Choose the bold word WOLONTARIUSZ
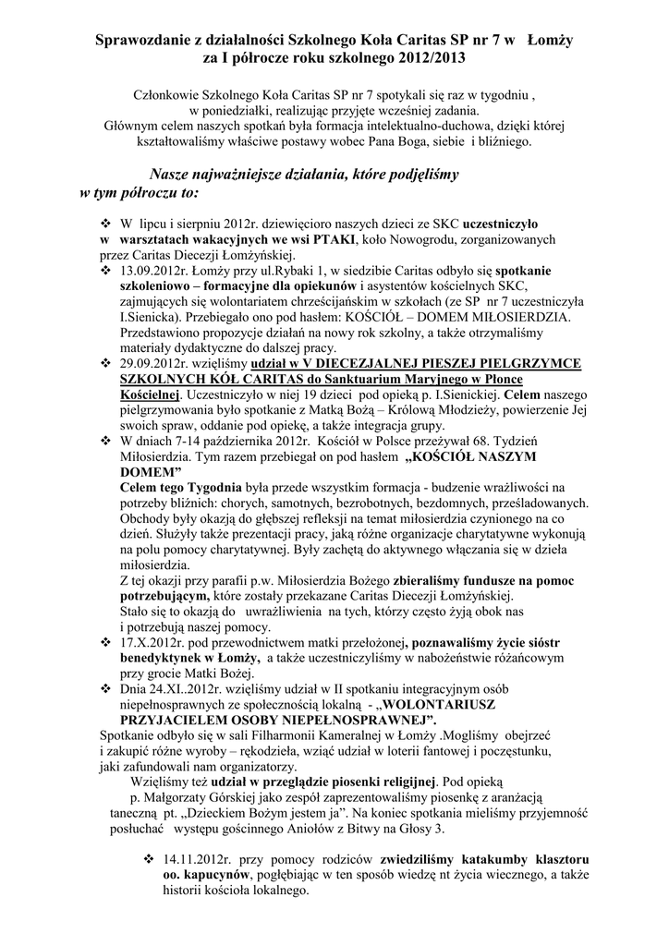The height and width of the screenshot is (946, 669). (x=471, y=702)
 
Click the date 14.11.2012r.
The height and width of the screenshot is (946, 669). (x=201, y=858)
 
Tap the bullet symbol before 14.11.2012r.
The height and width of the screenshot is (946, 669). (x=147, y=858)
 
